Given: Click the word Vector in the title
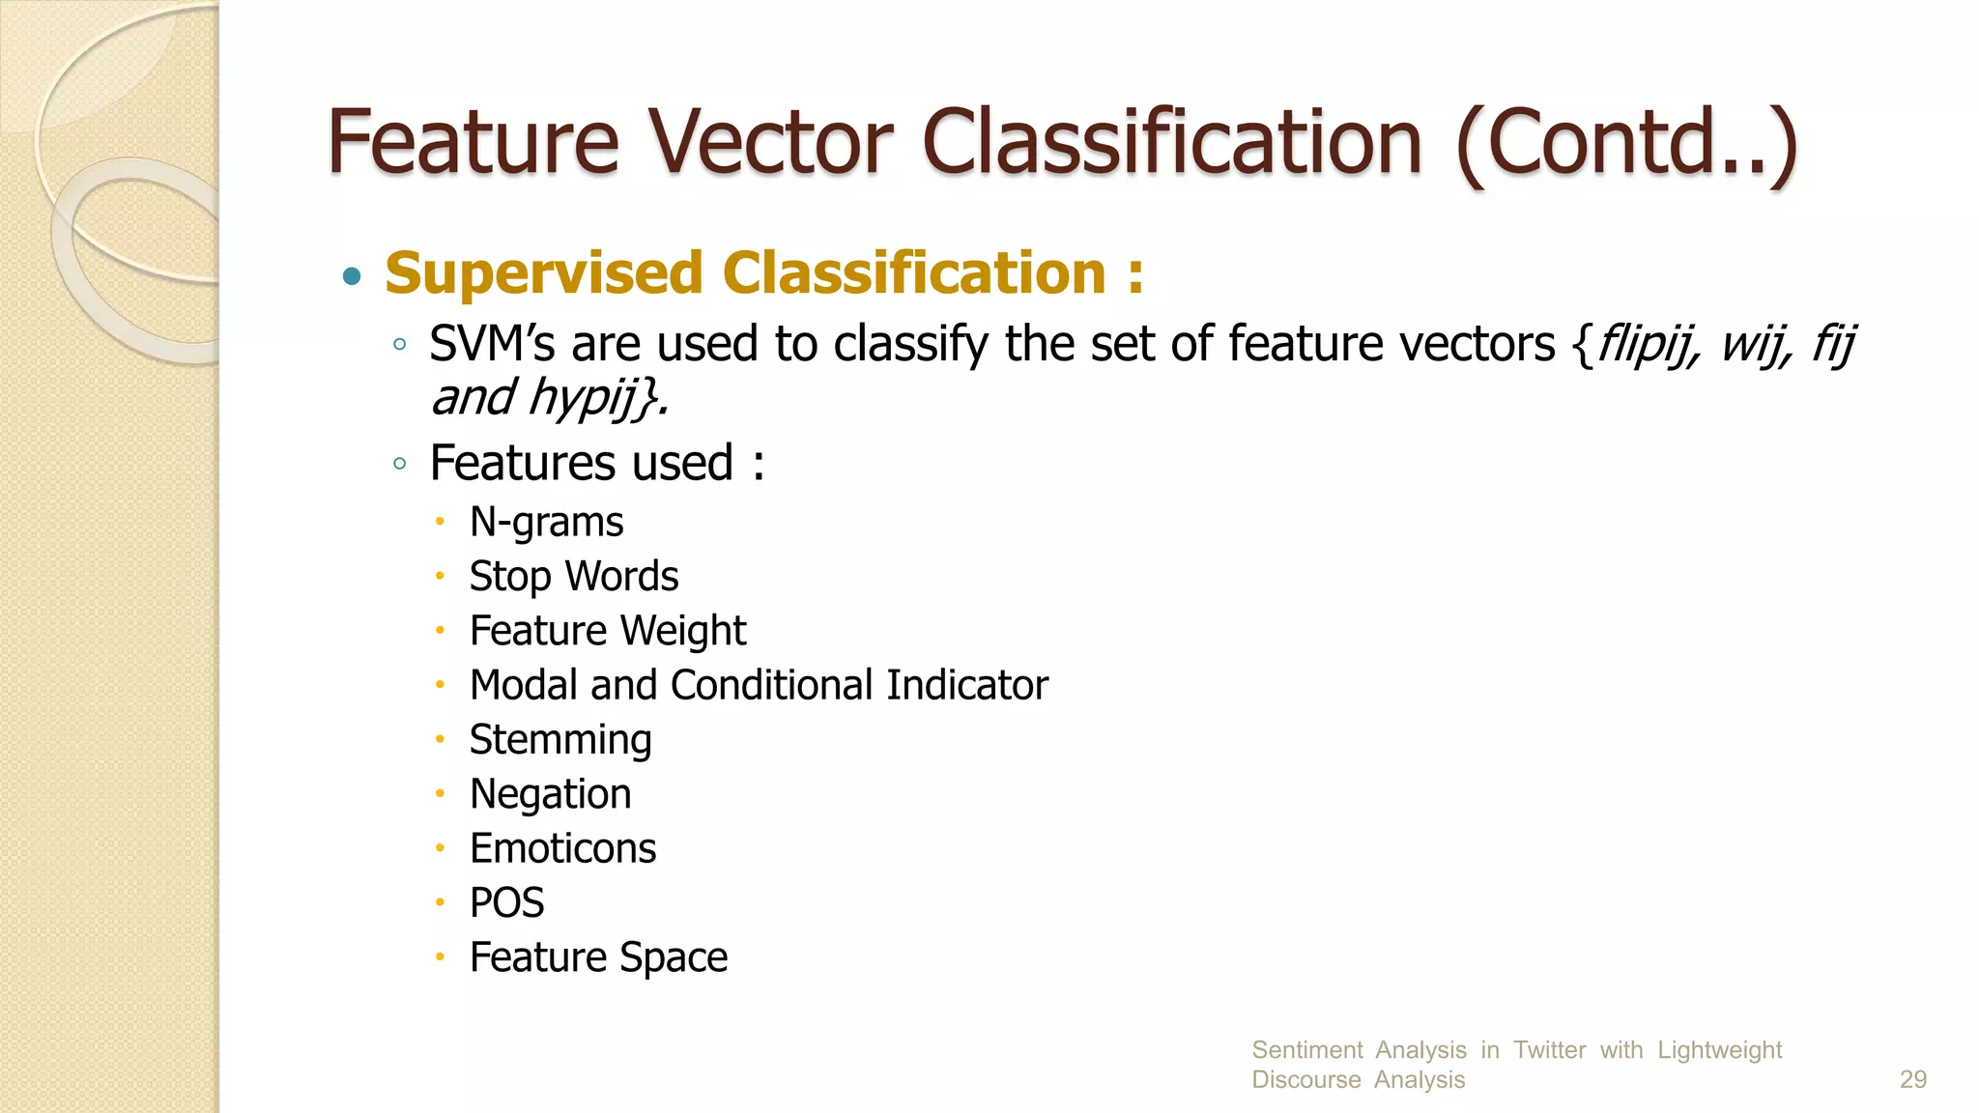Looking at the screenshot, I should coord(770,143).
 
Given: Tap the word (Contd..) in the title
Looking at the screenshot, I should coord(1625,145).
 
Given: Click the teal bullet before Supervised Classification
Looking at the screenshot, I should coord(353,277).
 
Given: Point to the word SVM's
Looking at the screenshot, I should coord(492,344).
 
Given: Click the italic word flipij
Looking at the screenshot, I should coord(1646,344).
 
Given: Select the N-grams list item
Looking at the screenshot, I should coord(546,523).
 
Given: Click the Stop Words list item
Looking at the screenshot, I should coord(573,577).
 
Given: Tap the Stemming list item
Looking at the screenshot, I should coord(560,740).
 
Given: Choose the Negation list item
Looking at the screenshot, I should coord(550,794).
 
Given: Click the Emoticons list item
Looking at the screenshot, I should coord(562,849).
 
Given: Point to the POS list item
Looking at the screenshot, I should coord(506,903).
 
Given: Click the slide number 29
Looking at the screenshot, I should coord(1912,1079).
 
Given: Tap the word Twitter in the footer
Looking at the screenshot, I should coord(1549,1050).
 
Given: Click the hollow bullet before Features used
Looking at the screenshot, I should coord(400,464).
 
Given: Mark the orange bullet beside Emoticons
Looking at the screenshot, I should coord(440,848).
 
